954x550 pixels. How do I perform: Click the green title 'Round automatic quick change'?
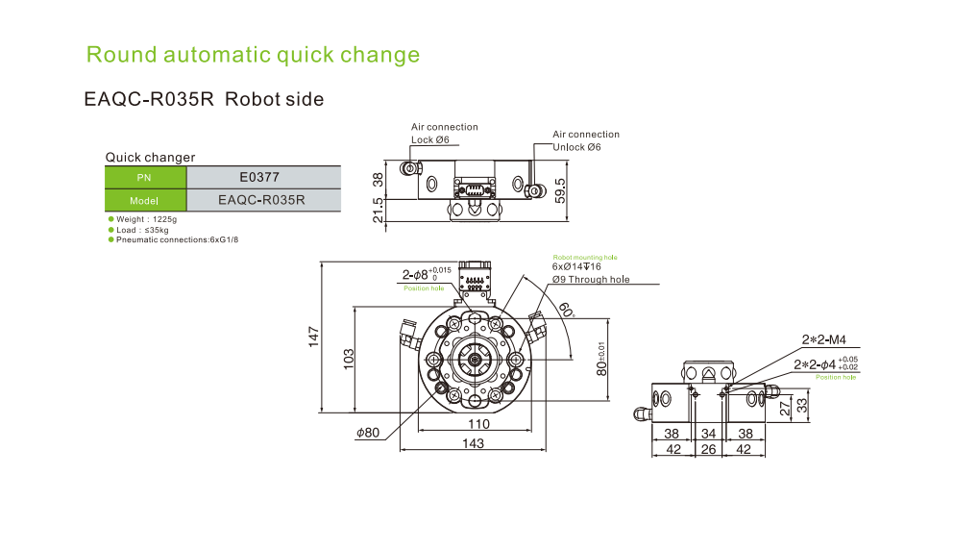click(253, 54)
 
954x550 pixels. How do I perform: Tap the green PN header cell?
click(144, 177)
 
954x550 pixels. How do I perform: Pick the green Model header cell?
click(144, 201)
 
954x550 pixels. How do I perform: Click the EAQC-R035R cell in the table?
click(261, 200)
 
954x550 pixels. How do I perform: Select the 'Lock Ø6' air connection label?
click(429, 139)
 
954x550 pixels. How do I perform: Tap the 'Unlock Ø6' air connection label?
click(576, 147)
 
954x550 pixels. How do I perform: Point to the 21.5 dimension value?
click(378, 211)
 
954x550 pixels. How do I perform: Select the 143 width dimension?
click(473, 443)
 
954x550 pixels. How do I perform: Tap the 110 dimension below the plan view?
click(477, 424)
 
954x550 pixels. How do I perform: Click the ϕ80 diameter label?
click(368, 433)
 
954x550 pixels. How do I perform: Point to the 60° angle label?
click(566, 310)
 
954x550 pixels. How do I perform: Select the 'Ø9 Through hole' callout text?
click(591, 279)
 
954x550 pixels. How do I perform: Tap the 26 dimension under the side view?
click(709, 449)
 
